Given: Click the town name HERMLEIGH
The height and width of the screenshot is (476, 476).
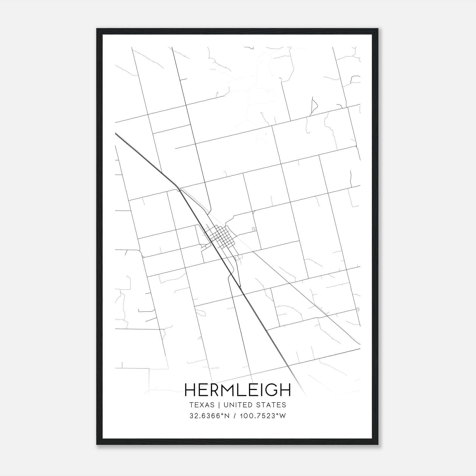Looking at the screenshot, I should pyautogui.click(x=237, y=390).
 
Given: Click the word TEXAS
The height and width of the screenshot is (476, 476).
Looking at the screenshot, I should pyautogui.click(x=202, y=405).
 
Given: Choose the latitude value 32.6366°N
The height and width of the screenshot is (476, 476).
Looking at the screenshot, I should pyautogui.click(x=210, y=416).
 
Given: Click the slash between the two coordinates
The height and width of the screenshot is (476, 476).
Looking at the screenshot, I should pyautogui.click(x=235, y=416).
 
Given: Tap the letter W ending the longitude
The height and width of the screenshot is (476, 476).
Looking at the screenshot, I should pyautogui.click(x=283, y=416).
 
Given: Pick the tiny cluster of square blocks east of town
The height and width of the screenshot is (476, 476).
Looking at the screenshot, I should pyautogui.click(x=254, y=229).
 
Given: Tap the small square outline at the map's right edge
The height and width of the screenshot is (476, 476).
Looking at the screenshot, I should pyautogui.click(x=358, y=309).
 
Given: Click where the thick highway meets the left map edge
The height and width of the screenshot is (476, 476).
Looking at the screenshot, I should pyautogui.click(x=116, y=134).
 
